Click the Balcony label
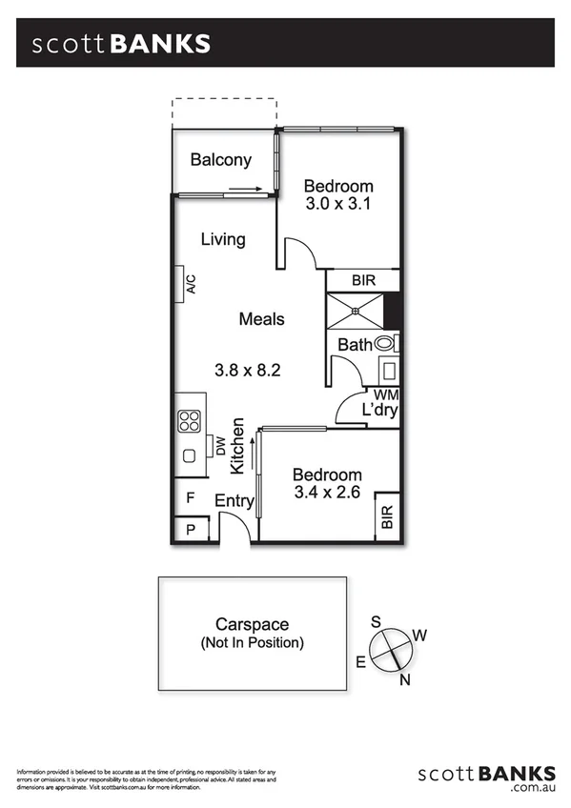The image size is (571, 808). [x=220, y=160]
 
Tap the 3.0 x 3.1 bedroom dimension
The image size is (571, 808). [x=337, y=204]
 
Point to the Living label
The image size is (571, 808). [x=223, y=239]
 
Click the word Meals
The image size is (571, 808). [x=261, y=318]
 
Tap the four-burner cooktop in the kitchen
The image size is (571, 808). [x=188, y=420]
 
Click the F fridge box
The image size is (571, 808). [x=191, y=497]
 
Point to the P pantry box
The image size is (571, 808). [x=191, y=529]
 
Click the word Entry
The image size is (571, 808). [x=234, y=501]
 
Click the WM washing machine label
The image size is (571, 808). [x=386, y=394]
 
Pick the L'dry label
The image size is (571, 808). [x=378, y=411]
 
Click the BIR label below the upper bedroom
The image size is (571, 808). [x=363, y=281]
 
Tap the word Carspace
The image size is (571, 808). [x=253, y=625]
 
